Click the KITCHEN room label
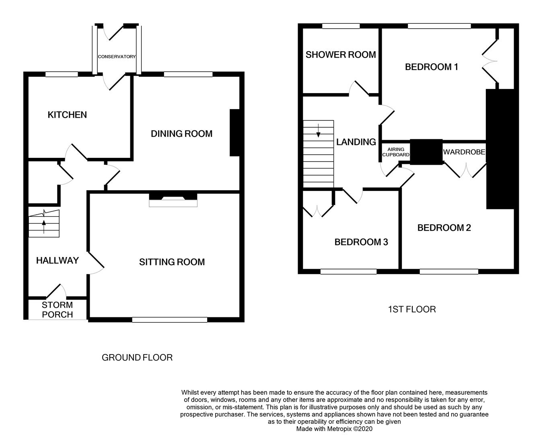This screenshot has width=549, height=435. [67, 115]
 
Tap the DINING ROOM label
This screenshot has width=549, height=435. [181, 134]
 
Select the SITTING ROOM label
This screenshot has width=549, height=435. [172, 262]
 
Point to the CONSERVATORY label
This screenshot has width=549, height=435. [117, 57]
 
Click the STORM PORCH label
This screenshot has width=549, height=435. [58, 310]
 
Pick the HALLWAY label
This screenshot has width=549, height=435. [57, 261]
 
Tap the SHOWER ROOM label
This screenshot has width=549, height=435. [341, 55]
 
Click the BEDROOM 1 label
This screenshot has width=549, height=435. [431, 67]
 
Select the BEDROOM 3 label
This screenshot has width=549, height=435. [361, 242]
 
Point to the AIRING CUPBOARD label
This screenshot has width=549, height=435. [396, 152]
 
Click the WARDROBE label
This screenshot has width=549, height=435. [464, 152]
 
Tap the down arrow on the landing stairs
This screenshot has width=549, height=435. [319, 131]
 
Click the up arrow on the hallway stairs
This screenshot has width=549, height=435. [43, 226]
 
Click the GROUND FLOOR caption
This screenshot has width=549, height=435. [137, 358]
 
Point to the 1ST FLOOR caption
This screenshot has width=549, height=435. [412, 309]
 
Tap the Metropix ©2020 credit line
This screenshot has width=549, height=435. [334, 429]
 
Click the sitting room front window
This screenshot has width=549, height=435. [169, 320]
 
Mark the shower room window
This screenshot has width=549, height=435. [341, 26]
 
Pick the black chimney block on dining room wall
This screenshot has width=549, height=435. [234, 133]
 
